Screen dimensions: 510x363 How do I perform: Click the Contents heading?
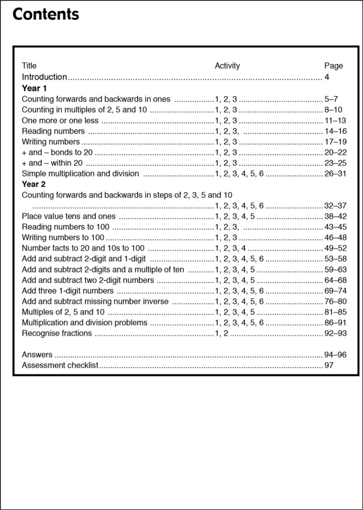pyautogui.click(x=46, y=15)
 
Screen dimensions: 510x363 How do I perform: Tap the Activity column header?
pyautogui.click(x=227, y=66)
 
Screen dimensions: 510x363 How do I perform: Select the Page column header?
pyautogui.click(x=333, y=66)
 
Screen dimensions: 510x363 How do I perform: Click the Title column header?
pyautogui.click(x=29, y=66)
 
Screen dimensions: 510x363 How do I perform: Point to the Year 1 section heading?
pyautogui.click(x=34, y=88)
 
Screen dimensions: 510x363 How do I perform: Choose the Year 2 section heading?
pyautogui.click(x=34, y=184)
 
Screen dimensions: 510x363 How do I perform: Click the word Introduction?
pyautogui.click(x=44, y=77)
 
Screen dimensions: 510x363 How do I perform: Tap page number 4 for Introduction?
pyautogui.click(x=327, y=77)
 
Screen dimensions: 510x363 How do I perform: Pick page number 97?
pyautogui.click(x=328, y=365)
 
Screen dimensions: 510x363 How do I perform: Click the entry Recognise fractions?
pyautogui.click(x=57, y=333)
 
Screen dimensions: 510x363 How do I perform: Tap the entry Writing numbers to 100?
pyautogui.click(x=63, y=238)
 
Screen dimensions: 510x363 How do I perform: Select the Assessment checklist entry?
pyautogui.click(x=60, y=365)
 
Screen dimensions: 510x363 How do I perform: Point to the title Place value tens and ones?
pyautogui.click(x=69, y=216)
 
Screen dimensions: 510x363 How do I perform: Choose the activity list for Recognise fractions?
pyautogui.click(x=221, y=333)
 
